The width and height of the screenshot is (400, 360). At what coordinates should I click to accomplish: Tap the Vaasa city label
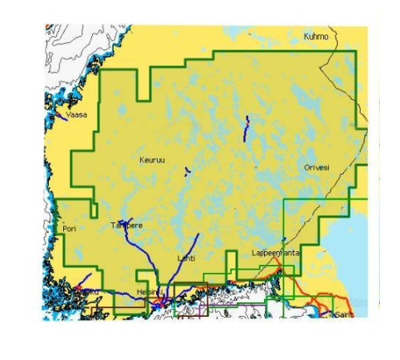coord(77,114)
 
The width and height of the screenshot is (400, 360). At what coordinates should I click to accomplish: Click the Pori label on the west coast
coord(69,229)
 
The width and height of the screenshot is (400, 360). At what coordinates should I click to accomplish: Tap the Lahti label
coord(185,258)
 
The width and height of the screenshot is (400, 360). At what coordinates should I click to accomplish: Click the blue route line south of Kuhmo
coord(246,128)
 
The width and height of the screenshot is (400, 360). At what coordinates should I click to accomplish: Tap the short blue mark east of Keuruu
coord(186,170)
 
